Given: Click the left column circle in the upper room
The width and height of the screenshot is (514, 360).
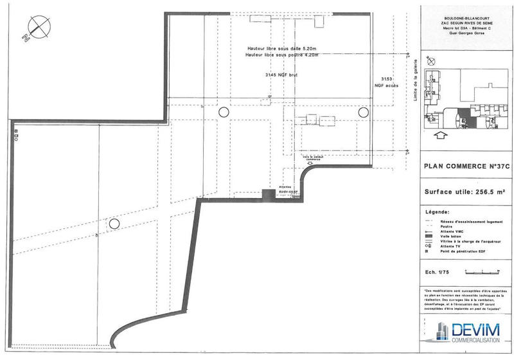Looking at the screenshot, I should (x=224, y=112).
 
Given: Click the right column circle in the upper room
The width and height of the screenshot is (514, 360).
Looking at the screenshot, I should (x=363, y=112).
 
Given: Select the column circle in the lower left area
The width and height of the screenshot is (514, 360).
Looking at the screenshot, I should (x=114, y=224).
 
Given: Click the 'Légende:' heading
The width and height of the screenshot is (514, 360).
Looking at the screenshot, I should (x=438, y=212).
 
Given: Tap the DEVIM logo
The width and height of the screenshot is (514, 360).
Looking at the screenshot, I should (x=466, y=331).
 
